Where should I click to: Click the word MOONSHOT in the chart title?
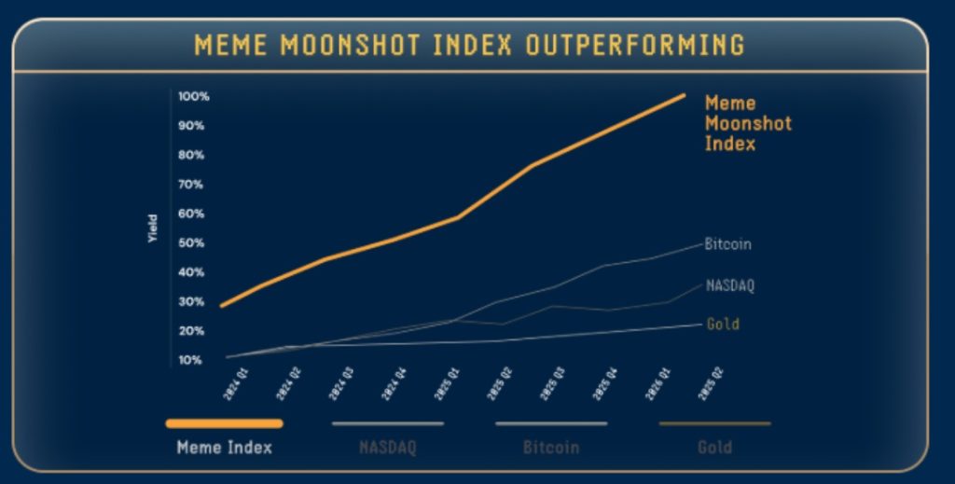point(372,45)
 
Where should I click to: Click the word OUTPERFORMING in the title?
point(635,45)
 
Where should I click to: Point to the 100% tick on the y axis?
point(194,97)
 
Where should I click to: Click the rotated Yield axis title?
point(153,228)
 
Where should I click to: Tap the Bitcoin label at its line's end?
point(727,244)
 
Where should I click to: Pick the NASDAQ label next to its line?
point(729,285)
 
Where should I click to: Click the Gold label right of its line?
point(722,325)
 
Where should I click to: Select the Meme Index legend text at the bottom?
point(225,448)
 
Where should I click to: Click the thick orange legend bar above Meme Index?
point(225,423)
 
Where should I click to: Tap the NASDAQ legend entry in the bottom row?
point(388,448)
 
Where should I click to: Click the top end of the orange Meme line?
point(684,95)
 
